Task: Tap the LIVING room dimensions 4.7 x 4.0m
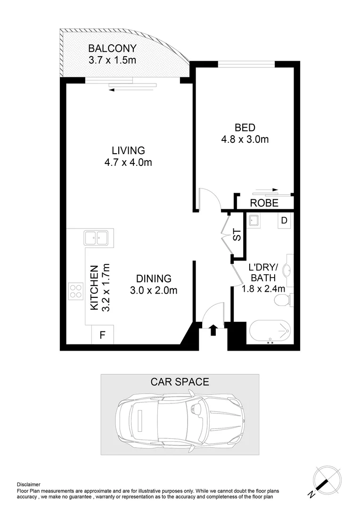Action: pyautogui.click(x=128, y=163)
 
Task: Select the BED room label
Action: pyautogui.click(x=245, y=127)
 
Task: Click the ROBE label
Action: pyautogui.click(x=264, y=204)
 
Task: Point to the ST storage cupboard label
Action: pyautogui.click(x=237, y=235)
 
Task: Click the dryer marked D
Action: pyautogui.click(x=284, y=220)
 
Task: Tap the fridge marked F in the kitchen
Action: pyautogui.click(x=101, y=336)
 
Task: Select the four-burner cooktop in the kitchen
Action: pyautogui.click(x=75, y=292)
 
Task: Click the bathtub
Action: pyautogui.click(x=270, y=332)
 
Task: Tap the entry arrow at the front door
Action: pyautogui.click(x=213, y=330)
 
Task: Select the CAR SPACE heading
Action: pyautogui.click(x=180, y=382)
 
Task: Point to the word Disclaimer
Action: pyautogui.click(x=29, y=484)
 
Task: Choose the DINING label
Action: pyautogui.click(x=154, y=279)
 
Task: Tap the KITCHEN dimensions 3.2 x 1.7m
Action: pyautogui.click(x=106, y=287)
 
